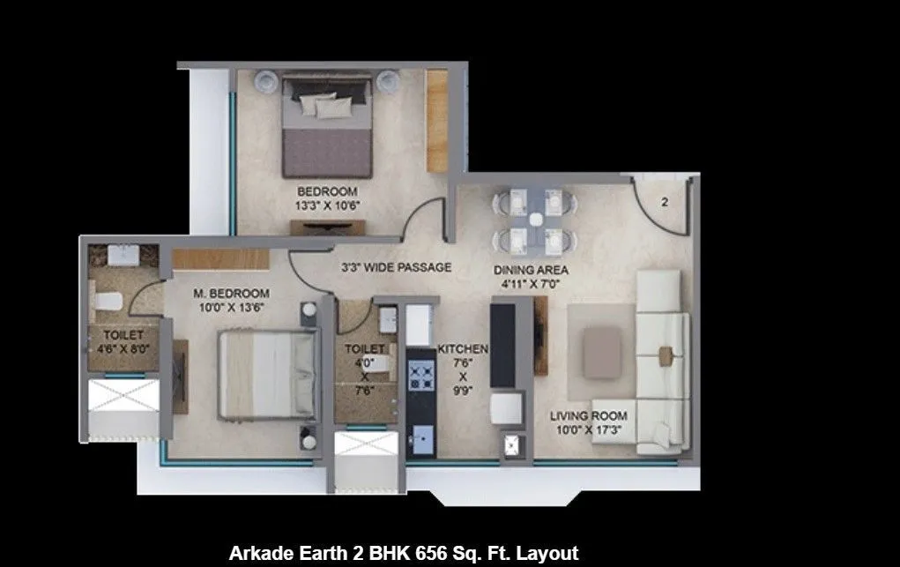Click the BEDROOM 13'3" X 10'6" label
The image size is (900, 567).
(327, 198)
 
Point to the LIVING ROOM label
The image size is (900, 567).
(589, 422)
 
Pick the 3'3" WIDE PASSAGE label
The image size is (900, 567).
(396, 267)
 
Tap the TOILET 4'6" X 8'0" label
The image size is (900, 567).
(123, 341)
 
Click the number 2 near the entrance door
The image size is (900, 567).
(665, 202)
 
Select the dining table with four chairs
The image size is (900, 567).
(533, 220)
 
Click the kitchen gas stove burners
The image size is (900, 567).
(421, 377)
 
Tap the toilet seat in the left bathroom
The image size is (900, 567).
(107, 300)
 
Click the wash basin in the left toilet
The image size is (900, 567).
(122, 255)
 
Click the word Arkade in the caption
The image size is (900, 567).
(258, 554)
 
